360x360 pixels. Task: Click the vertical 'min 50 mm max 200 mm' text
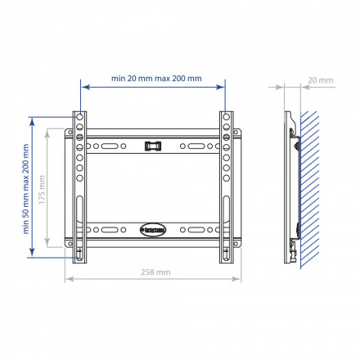pos(25,187)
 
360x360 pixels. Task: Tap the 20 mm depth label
pos(322,81)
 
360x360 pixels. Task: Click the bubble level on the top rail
pos(151,147)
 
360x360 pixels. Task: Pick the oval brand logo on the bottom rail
pos(152,229)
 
